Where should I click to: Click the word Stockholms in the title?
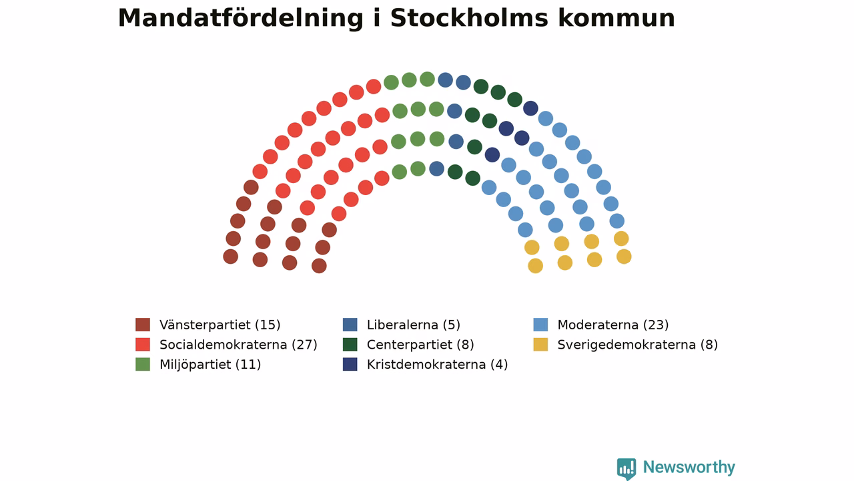469,18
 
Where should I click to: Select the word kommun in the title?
616,18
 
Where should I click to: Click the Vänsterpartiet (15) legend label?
220,325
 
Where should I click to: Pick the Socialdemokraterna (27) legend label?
238,345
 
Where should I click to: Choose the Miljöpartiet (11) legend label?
210,365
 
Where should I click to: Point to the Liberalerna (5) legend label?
413,325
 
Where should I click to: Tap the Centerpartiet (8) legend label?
420,345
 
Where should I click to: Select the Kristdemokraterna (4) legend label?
437,365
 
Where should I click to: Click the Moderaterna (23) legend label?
613,325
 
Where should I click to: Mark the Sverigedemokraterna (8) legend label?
637,345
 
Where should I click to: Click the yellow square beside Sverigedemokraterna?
540,344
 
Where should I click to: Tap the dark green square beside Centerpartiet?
350,344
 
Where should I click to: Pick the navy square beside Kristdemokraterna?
350,364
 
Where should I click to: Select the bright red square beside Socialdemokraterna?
143,344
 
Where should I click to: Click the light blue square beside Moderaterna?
540,325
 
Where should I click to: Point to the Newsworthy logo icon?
626,469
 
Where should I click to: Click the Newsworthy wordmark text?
689,467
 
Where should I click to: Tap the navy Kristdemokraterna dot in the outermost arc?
530,108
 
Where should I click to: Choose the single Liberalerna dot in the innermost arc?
436,169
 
